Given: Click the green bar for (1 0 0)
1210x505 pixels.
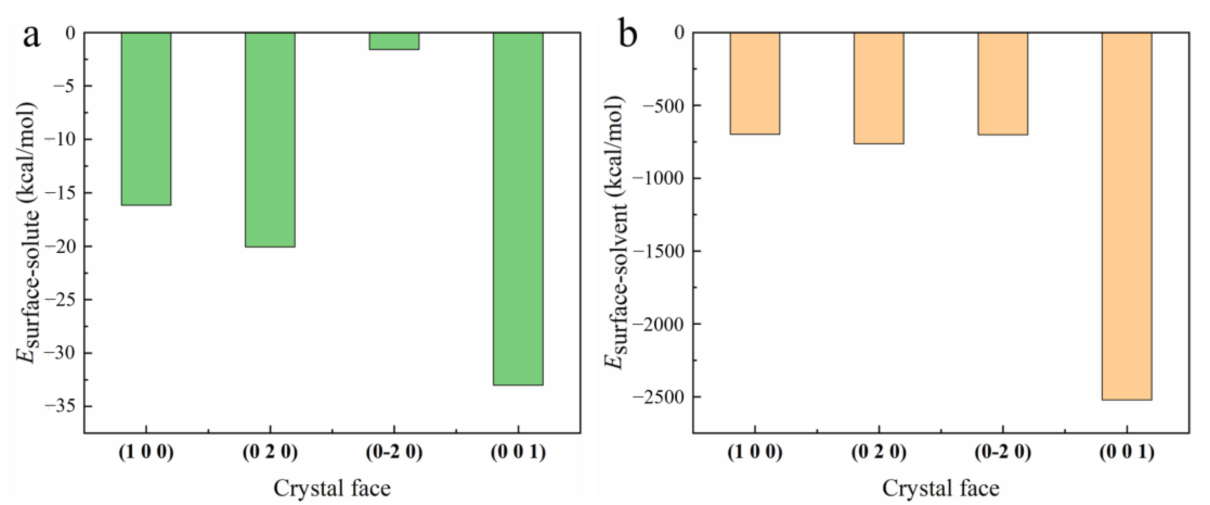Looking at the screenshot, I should point(146,119).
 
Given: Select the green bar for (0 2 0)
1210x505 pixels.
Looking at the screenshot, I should point(270,140).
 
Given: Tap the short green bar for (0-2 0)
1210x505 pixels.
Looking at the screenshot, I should point(394,41).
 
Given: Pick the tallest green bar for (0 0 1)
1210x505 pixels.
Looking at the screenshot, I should point(518,209).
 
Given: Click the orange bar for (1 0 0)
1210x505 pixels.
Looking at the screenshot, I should point(755,83).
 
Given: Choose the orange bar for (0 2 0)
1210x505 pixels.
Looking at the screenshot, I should point(879,88).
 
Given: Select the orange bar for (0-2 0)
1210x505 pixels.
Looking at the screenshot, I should point(1003,84).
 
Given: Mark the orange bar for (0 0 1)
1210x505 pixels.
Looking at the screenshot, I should point(1127,216).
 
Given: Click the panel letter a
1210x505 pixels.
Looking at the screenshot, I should point(31,36).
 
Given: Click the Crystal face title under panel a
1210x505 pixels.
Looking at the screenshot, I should point(332,488).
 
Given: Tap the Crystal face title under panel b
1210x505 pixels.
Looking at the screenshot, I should point(941,488).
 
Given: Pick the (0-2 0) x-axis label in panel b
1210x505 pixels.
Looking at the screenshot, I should point(1003,452).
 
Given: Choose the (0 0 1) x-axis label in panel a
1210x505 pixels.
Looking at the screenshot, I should point(518,452).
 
